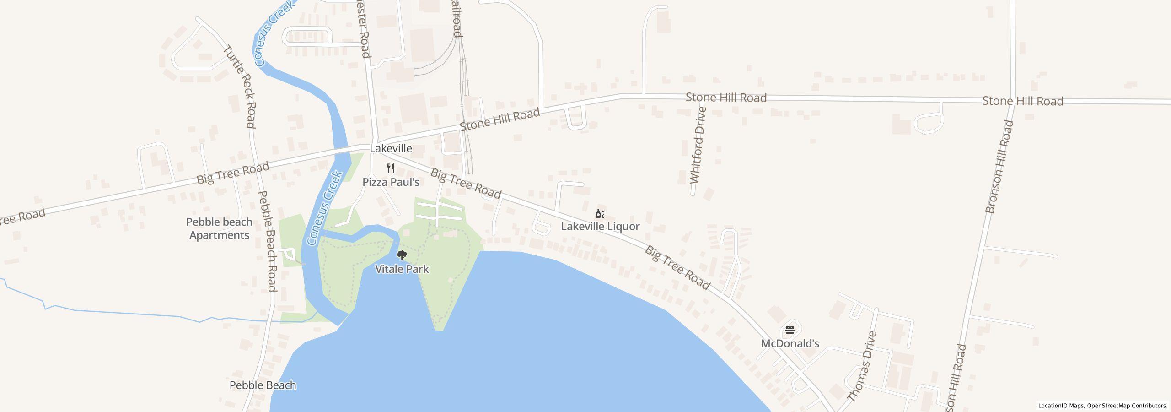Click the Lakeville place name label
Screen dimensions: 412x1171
point(391,148)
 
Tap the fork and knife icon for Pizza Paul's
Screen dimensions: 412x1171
point(391,168)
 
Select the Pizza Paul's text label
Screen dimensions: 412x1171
point(391,182)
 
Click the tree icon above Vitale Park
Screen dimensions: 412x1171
point(402,255)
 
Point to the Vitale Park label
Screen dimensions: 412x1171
point(402,269)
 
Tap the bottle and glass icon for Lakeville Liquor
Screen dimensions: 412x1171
point(600,213)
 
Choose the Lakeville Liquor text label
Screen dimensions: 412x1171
point(600,227)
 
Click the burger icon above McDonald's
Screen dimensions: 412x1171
point(790,330)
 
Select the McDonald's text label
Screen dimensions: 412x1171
point(790,343)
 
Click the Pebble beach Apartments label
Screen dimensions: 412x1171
point(219,228)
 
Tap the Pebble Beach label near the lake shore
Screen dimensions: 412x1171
point(263,385)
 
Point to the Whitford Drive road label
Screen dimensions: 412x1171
point(698,145)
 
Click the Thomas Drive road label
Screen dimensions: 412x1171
point(862,367)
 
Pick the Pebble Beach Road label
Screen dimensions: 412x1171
point(267,241)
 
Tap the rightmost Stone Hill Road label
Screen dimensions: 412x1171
point(1022,101)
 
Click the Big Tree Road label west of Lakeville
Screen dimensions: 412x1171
point(232,173)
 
